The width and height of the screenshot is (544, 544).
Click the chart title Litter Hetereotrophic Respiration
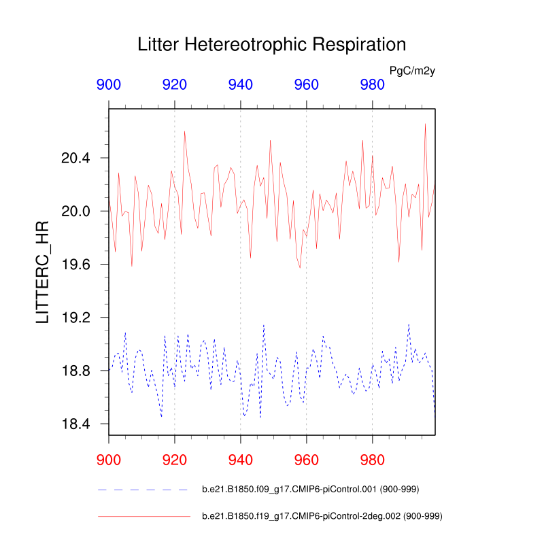click(x=271, y=45)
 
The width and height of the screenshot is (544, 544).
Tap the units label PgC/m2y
click(x=412, y=71)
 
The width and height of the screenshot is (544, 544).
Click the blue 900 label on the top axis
click(x=109, y=85)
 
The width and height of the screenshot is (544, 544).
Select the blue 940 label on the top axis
click(x=241, y=85)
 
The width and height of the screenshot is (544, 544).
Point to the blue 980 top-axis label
click(x=372, y=85)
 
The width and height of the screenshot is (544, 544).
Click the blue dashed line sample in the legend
click(x=143, y=490)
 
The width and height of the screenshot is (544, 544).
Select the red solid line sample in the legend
click(x=143, y=517)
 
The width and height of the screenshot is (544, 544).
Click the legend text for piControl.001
click(x=312, y=490)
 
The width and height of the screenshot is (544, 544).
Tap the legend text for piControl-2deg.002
click(x=322, y=517)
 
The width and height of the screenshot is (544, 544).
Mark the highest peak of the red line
click(x=426, y=124)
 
